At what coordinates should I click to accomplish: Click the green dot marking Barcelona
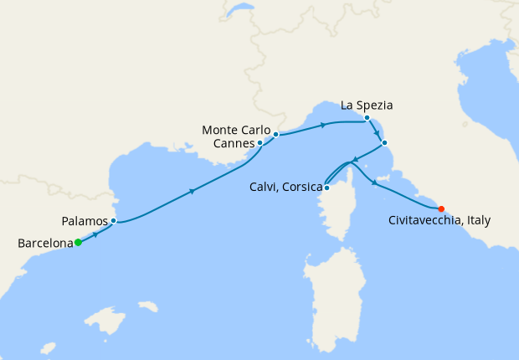pyautogui.click(x=78, y=243)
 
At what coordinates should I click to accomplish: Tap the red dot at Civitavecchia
pyautogui.click(x=441, y=208)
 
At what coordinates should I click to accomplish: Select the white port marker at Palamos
pyautogui.click(x=113, y=221)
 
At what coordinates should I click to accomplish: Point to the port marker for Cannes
pyautogui.click(x=259, y=143)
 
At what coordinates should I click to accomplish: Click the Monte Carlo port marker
pyautogui.click(x=275, y=134)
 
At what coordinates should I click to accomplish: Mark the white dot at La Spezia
pyautogui.click(x=367, y=118)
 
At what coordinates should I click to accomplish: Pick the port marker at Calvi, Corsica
pyautogui.click(x=326, y=188)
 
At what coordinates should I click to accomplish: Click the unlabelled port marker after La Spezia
pyautogui.click(x=384, y=142)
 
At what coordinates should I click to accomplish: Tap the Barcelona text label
pyautogui.click(x=44, y=244)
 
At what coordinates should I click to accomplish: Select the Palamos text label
pyautogui.click(x=85, y=222)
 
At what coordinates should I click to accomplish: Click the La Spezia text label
pyautogui.click(x=367, y=105)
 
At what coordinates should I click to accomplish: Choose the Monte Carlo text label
pyautogui.click(x=237, y=130)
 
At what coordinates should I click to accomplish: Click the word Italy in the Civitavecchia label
pyautogui.click(x=478, y=221)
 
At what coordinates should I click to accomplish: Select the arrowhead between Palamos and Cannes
pyautogui.click(x=193, y=192)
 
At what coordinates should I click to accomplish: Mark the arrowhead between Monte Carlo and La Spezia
pyautogui.click(x=322, y=126)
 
